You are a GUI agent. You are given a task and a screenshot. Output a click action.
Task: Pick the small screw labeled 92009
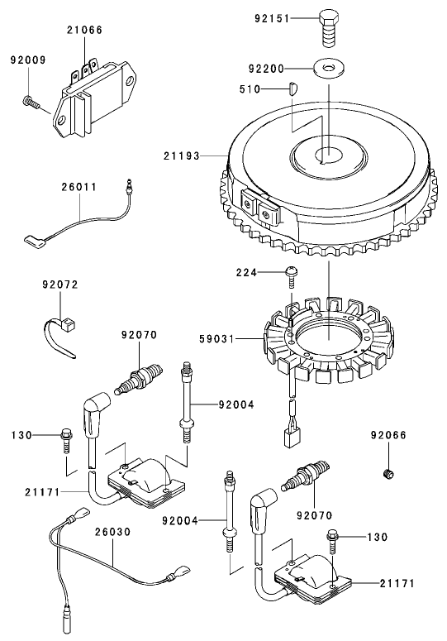(x=31, y=101)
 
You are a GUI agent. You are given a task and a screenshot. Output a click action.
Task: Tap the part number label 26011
(x=79, y=188)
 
